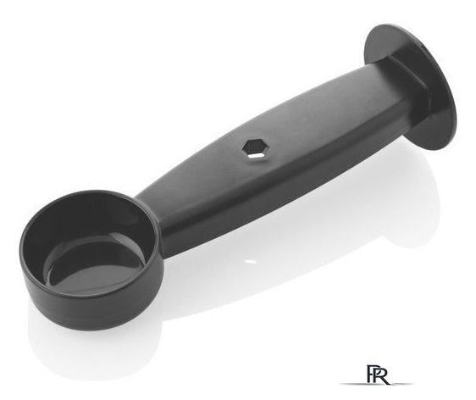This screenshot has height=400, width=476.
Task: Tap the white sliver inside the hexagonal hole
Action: [x=257, y=155]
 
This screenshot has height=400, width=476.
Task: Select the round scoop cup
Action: [x=91, y=258]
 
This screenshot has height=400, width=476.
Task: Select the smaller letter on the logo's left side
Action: [x=371, y=374]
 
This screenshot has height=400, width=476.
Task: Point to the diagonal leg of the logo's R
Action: [x=385, y=380]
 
